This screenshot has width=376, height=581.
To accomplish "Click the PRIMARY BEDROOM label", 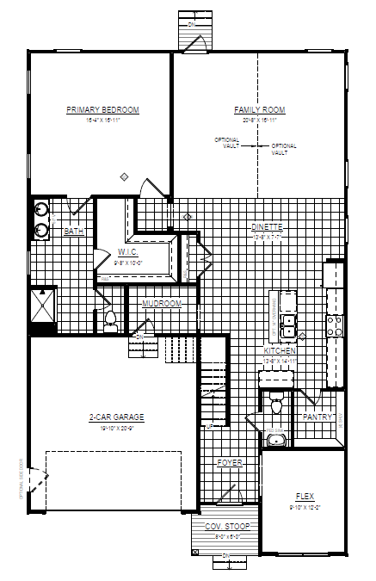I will [102, 110].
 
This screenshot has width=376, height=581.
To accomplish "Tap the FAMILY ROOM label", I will [259, 110].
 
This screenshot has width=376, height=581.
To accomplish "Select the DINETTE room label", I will [267, 226].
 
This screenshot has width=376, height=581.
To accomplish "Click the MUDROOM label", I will [162, 304].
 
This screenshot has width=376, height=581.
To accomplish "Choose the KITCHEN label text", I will [280, 351].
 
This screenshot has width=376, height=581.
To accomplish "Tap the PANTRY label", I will [317, 417].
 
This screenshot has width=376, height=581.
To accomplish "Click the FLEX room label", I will [305, 497].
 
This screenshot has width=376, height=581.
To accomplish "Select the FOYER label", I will [230, 463].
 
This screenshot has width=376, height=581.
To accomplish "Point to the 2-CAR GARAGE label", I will [116, 417].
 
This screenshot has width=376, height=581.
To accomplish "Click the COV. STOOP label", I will [220, 527].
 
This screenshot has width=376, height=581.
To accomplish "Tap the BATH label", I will [74, 231].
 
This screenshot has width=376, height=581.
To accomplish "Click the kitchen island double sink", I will [290, 325].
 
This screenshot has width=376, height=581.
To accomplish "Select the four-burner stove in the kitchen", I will [334, 324].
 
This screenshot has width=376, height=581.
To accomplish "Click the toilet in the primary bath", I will [110, 322].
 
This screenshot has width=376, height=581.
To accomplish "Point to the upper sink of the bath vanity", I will [40, 209].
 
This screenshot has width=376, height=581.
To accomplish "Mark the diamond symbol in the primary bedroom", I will [125, 177].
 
